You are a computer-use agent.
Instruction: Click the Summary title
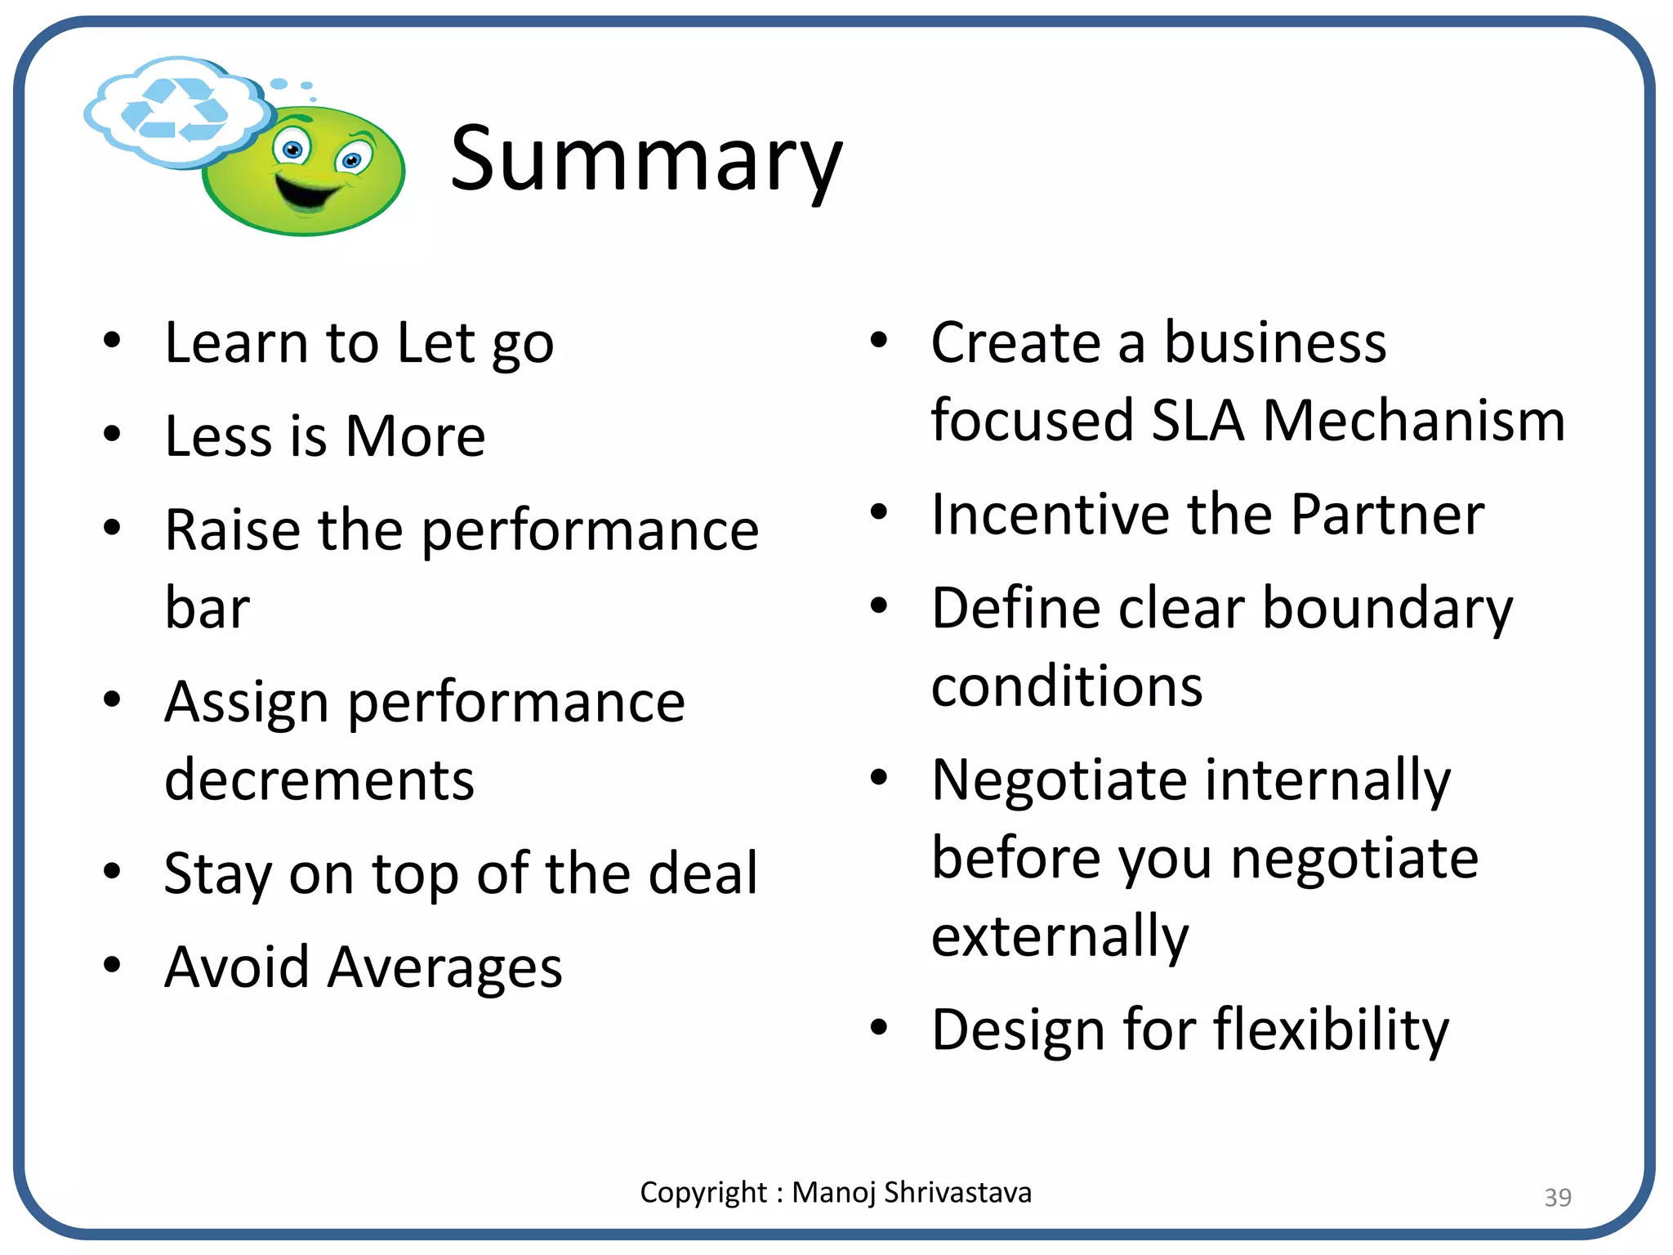(645, 159)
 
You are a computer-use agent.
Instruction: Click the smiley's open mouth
(307, 191)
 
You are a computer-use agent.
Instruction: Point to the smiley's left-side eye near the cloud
(292, 150)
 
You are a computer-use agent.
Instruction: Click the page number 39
(1557, 1197)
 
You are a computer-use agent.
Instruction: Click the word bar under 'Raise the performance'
(207, 609)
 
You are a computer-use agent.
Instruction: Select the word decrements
(319, 779)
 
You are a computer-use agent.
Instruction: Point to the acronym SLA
(1198, 421)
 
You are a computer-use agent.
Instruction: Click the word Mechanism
(1413, 421)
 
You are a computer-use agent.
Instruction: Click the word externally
(1060, 937)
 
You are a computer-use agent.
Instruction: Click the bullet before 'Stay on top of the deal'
(112, 871)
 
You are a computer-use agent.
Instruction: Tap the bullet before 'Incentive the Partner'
(878, 512)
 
